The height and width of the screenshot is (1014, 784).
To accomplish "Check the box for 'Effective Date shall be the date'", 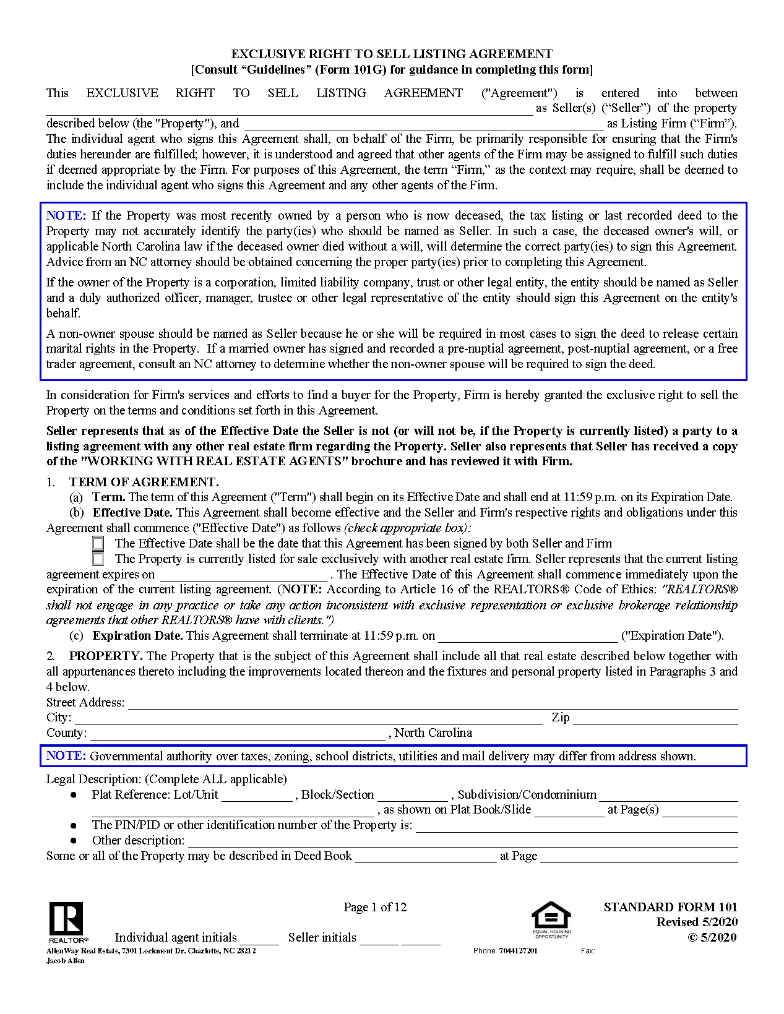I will click(x=98, y=543).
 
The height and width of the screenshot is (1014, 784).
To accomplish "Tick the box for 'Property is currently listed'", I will click(x=98, y=559).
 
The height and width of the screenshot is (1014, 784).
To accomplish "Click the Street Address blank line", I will click(x=433, y=703).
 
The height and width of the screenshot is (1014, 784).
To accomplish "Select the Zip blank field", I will click(x=655, y=719).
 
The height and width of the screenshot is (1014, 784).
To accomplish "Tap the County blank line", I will click(x=238, y=734).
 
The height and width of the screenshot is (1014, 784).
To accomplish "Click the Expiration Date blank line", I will click(x=528, y=637).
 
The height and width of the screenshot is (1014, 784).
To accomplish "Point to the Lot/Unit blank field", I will click(x=257, y=796).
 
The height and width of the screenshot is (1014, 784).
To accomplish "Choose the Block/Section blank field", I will click(x=413, y=796).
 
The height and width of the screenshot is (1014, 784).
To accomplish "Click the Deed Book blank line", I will click(x=426, y=857).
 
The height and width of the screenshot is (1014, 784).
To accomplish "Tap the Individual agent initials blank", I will click(x=260, y=939).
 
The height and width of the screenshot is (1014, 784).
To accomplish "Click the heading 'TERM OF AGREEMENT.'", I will click(x=144, y=482).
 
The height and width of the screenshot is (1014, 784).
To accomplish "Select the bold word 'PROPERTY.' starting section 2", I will click(x=106, y=656).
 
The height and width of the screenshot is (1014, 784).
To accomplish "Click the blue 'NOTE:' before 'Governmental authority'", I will click(x=66, y=756).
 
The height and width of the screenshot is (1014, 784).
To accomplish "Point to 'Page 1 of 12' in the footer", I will click(x=375, y=907).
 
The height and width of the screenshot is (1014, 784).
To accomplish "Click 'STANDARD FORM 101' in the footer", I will click(x=670, y=907).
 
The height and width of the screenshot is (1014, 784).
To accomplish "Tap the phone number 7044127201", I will click(x=518, y=951).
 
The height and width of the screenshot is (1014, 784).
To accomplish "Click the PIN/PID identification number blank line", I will click(x=577, y=827).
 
